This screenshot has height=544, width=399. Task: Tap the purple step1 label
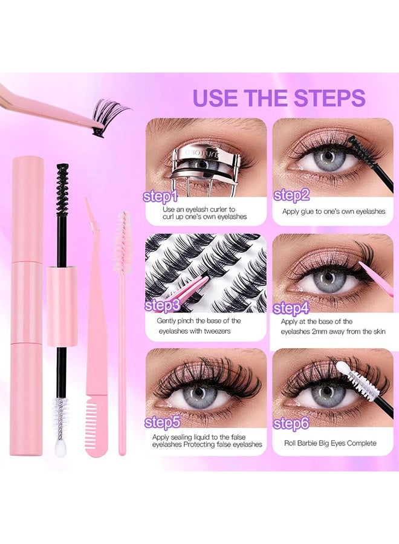click(x=161, y=196)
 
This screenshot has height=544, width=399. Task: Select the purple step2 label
click(x=291, y=194)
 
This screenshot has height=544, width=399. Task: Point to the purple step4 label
click(x=291, y=308)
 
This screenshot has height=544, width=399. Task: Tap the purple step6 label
click(x=291, y=423)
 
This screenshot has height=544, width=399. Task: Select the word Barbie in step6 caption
click(x=319, y=443)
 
